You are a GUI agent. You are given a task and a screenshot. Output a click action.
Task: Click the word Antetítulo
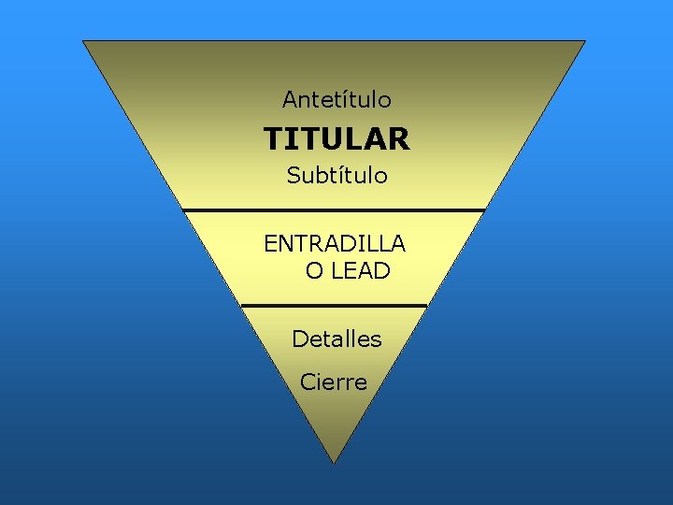coord(336,99)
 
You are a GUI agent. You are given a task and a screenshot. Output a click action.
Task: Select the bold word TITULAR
coord(336,139)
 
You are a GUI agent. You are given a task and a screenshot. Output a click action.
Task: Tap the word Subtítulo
coord(336,176)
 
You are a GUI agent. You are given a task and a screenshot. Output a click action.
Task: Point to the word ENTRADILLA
coord(335,244)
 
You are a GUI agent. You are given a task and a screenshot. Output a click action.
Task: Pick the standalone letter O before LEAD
coord(314,272)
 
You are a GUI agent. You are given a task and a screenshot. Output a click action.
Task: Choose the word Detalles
coord(336,339)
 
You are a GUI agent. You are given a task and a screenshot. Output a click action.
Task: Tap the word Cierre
coord(334,382)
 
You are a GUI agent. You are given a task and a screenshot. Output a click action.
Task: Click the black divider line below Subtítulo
coord(334,209)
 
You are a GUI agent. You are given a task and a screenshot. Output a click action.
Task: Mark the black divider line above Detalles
coord(334,305)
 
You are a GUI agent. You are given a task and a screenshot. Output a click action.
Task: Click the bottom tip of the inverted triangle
coord(334,461)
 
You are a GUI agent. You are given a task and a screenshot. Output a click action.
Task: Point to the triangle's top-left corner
coord(84,41)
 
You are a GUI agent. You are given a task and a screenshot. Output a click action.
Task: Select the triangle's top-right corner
coord(584,41)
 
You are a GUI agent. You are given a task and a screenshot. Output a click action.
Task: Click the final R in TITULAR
coord(399,139)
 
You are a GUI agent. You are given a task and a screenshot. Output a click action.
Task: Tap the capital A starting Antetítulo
coord(290,99)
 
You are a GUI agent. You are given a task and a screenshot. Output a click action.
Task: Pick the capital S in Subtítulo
coord(294,176)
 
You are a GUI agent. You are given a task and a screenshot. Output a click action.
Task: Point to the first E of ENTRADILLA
coord(270,244)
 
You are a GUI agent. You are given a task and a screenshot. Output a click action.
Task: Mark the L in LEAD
coord(337,272)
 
